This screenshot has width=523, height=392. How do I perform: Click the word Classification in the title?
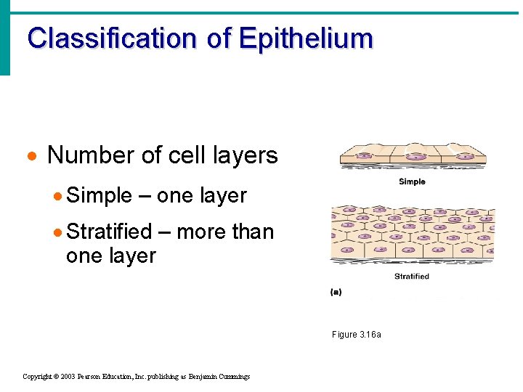pos(111,38)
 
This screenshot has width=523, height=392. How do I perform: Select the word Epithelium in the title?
pos(305,38)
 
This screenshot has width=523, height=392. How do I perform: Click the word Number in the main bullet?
pos(90,155)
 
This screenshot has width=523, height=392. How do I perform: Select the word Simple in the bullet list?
pos(99,196)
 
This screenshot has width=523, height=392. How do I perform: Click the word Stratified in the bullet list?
pos(109,232)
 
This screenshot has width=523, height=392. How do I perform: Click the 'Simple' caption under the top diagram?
pos(412,181)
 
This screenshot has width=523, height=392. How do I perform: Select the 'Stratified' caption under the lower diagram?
pos(411,277)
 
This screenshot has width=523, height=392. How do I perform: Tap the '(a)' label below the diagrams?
pos(336,292)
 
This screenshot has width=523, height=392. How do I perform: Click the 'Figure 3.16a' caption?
pos(356,335)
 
